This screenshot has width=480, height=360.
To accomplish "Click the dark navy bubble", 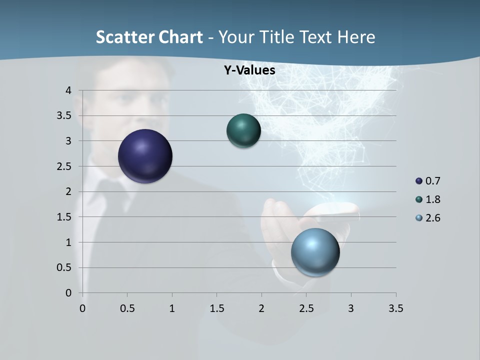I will pyautogui.click(x=145, y=156).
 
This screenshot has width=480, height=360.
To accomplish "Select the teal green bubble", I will pyautogui.click(x=243, y=130).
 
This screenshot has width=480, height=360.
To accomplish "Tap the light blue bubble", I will pyautogui.click(x=315, y=252).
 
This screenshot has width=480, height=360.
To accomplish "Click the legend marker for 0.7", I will pyautogui.click(x=419, y=181).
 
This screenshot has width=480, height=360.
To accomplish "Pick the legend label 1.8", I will pyautogui.click(x=432, y=199).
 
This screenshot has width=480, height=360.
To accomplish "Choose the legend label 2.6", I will pyautogui.click(x=432, y=218).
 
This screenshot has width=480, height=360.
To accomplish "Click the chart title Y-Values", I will pyautogui.click(x=249, y=70).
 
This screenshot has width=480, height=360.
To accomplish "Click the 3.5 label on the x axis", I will pyautogui.click(x=395, y=308).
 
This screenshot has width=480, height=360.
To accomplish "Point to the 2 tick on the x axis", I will pyautogui.click(x=261, y=308).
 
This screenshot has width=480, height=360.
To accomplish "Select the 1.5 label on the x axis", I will pyautogui.click(x=216, y=308).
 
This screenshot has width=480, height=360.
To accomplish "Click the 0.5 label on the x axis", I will pyautogui.click(x=127, y=308).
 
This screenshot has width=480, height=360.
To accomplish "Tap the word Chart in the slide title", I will pyautogui.click(x=180, y=37).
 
